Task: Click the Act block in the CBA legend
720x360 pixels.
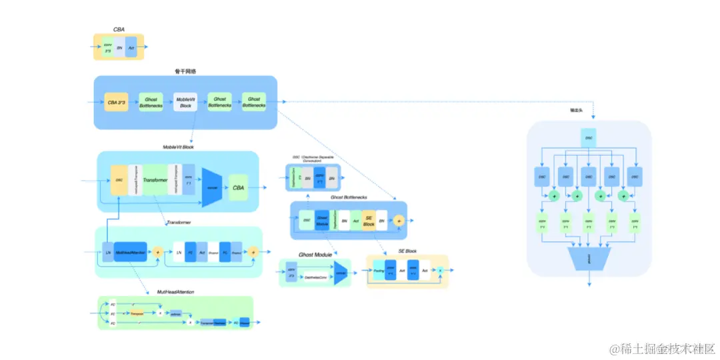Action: [131, 47]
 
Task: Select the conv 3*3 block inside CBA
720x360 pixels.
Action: [108, 47]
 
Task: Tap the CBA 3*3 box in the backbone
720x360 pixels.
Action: [117, 103]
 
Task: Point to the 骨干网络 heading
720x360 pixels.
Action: [185, 71]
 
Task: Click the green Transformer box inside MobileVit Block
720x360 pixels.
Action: [155, 180]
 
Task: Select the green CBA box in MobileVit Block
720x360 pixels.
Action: [239, 187]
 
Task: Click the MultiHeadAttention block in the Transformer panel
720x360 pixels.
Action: [131, 252]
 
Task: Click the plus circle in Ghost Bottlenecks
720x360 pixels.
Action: [399, 220]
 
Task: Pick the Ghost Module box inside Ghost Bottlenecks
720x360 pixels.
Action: [323, 220]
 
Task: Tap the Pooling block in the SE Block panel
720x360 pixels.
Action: [379, 271]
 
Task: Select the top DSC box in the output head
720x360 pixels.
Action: [588, 138]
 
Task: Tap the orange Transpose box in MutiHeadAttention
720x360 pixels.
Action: [137, 312]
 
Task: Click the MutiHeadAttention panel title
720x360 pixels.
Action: [175, 292]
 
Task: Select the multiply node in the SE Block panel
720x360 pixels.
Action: [440, 269]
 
